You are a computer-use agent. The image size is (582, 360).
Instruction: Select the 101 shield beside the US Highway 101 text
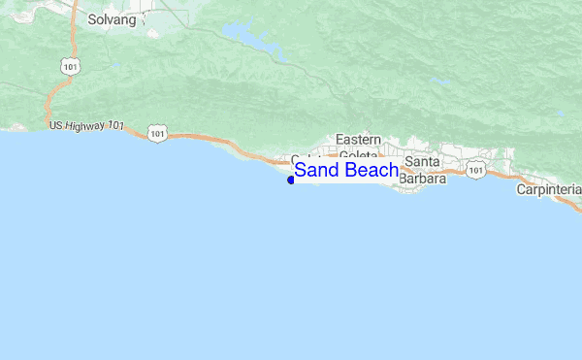coord(157,132)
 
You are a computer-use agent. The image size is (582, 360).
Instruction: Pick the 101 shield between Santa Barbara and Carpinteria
coord(474,170)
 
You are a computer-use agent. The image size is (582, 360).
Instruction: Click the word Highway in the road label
coord(84,126)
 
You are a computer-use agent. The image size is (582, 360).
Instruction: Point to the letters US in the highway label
coord(56,126)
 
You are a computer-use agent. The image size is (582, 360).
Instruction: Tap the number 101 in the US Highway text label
coord(115,126)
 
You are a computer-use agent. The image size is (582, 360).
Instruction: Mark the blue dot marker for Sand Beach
coord(291,180)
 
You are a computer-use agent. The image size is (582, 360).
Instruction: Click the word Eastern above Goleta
coord(359,140)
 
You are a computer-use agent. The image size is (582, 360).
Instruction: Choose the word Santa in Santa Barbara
coord(423,161)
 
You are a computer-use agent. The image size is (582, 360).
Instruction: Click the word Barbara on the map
coord(423,179)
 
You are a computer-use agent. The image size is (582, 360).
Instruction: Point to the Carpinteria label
coord(548,189)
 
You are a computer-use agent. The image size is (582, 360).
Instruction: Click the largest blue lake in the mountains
coord(250,37)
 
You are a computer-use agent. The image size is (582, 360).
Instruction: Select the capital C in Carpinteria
coord(521,189)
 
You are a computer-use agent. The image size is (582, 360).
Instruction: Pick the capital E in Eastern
coord(340,140)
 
